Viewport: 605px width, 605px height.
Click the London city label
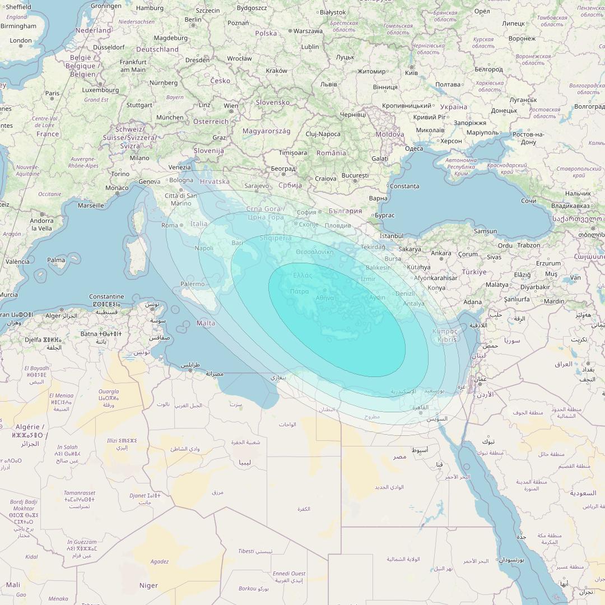21,40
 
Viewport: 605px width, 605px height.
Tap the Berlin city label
193,20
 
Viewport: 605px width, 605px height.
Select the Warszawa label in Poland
308,31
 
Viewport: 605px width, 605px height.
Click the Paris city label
52,94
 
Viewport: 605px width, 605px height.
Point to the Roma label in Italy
169,225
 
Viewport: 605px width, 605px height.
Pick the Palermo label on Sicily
192,284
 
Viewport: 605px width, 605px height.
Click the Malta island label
206,323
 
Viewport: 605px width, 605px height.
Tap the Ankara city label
441,253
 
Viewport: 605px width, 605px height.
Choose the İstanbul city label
391,236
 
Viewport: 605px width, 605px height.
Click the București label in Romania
355,175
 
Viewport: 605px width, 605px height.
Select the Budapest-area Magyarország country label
266,131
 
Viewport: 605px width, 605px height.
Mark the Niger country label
148,585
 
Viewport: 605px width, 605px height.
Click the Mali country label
12,585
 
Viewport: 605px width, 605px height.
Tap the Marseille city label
91,206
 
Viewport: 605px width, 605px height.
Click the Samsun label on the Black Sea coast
485,231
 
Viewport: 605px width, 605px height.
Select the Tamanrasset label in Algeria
80,493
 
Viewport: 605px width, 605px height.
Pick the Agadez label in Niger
160,561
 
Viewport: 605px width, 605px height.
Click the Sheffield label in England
17,7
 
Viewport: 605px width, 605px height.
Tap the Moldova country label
389,134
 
